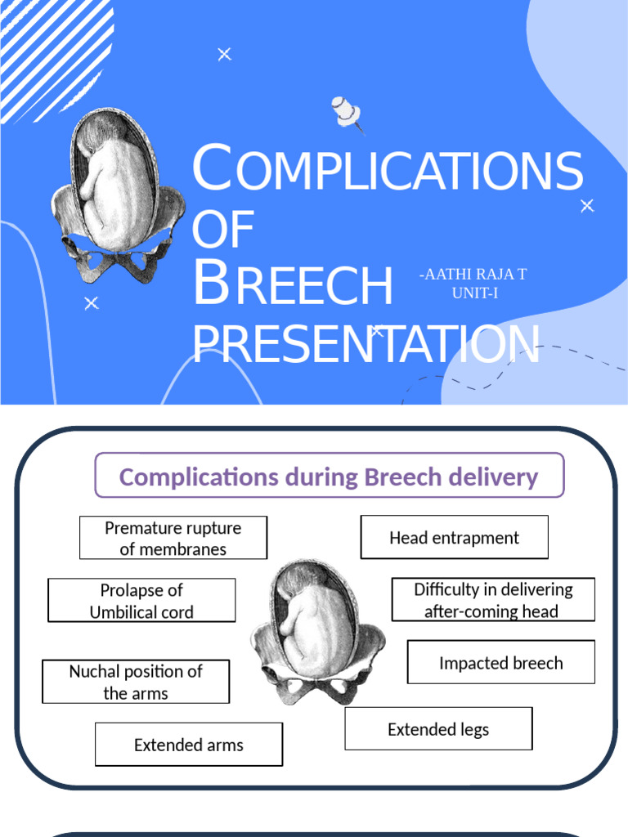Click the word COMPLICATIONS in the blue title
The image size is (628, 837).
(387, 170)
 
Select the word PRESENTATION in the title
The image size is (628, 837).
(366, 344)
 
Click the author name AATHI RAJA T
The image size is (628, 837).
(473, 275)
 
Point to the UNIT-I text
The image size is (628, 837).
(474, 293)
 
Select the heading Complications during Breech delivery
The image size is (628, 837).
(329, 477)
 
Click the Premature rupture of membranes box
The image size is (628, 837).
(173, 538)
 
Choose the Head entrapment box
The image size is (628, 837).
(454, 538)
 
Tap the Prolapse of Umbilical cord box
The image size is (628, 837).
(141, 601)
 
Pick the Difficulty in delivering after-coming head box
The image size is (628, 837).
(493, 600)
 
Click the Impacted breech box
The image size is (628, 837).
(500, 662)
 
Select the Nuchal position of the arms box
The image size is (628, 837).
(136, 682)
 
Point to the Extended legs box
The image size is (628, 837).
(438, 728)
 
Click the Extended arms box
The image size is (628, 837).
(189, 744)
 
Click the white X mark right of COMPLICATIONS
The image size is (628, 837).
(586, 206)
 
